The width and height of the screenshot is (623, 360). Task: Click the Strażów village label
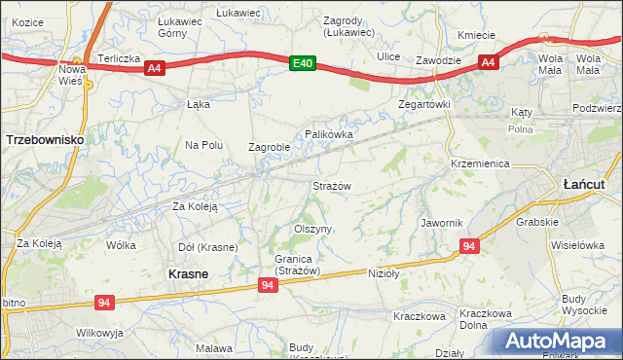point(331,185)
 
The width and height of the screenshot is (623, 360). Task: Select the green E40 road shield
point(303,63)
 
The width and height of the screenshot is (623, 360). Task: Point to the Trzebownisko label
point(44,140)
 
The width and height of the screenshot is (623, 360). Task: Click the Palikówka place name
point(328,133)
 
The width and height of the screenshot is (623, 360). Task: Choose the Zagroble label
point(270,148)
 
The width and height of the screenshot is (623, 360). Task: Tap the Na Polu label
point(204,145)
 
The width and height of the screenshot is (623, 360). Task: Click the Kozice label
point(29,21)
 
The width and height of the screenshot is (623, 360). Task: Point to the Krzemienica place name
point(480,163)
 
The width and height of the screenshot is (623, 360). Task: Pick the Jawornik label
point(441,223)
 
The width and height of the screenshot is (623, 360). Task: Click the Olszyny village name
point(313,229)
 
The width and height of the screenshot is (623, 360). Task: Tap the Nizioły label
point(385,273)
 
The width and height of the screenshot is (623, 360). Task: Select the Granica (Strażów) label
point(283,265)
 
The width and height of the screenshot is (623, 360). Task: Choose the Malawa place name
point(214,347)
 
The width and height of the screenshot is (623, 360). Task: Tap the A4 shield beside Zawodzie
point(489,63)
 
